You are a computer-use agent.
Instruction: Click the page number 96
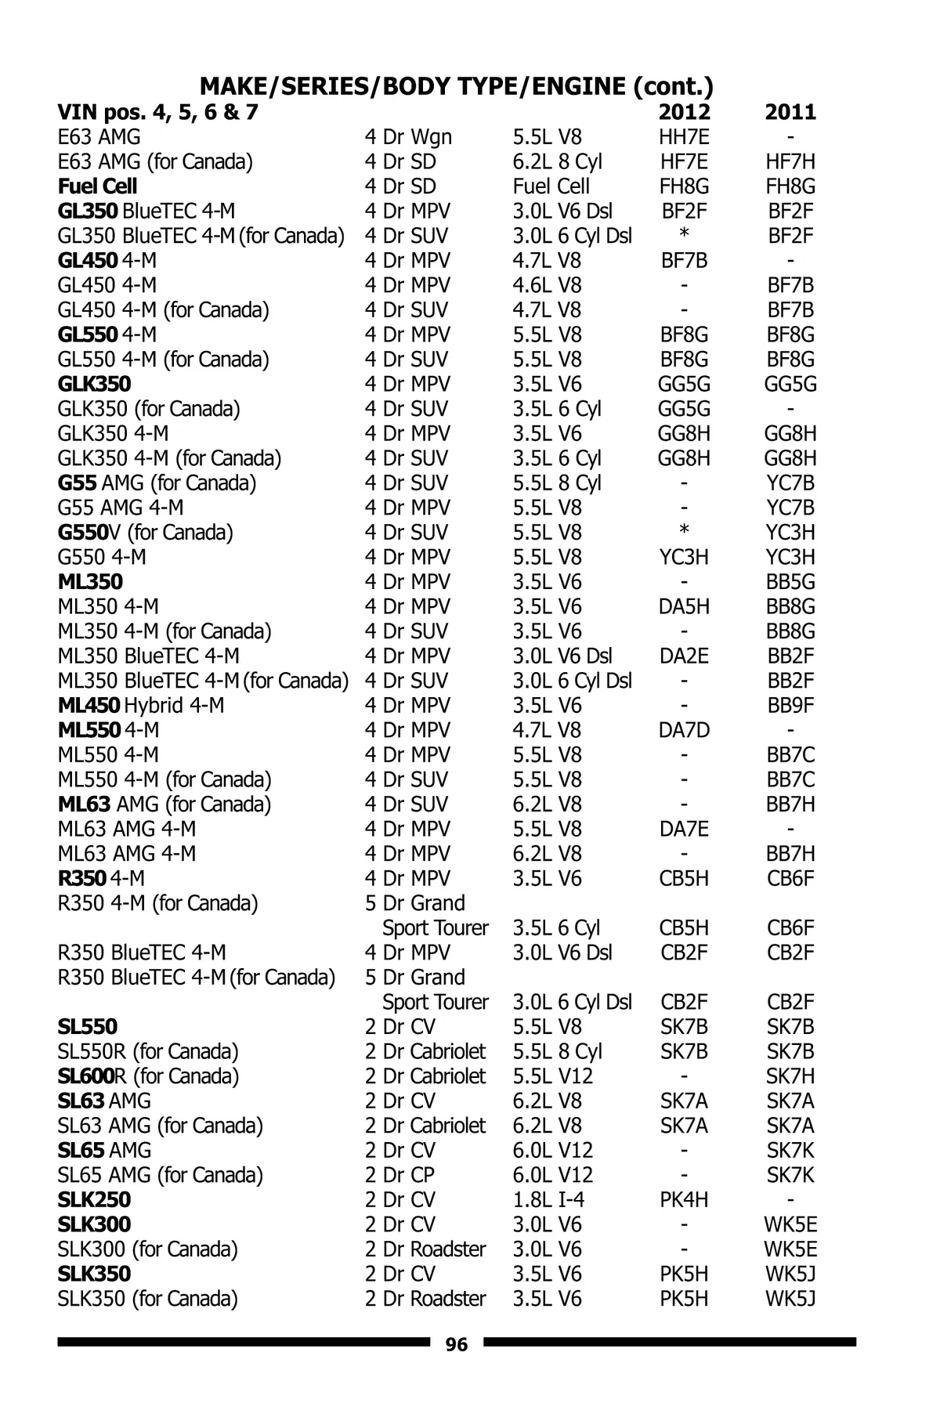point(456,1344)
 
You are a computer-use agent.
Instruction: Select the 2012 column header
point(684,112)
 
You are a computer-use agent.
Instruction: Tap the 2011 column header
point(790,112)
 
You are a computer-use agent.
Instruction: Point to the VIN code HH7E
point(684,137)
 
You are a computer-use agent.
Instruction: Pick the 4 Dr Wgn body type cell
point(408,137)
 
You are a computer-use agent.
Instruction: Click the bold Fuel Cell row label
point(97,186)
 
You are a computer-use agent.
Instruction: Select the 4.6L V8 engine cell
point(547,285)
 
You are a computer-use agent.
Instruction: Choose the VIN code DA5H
point(684,606)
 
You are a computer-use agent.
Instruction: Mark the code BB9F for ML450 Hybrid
point(790,705)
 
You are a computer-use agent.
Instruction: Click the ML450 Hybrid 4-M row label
point(141,705)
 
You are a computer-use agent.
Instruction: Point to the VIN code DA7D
point(684,730)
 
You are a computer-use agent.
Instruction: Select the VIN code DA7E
point(684,829)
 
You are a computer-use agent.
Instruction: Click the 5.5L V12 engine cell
point(552,1076)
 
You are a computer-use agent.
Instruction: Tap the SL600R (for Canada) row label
point(148,1076)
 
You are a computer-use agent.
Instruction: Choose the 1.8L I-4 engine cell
point(548,1200)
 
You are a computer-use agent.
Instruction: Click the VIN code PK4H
point(684,1200)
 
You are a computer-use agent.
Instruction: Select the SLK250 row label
point(94,1200)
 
